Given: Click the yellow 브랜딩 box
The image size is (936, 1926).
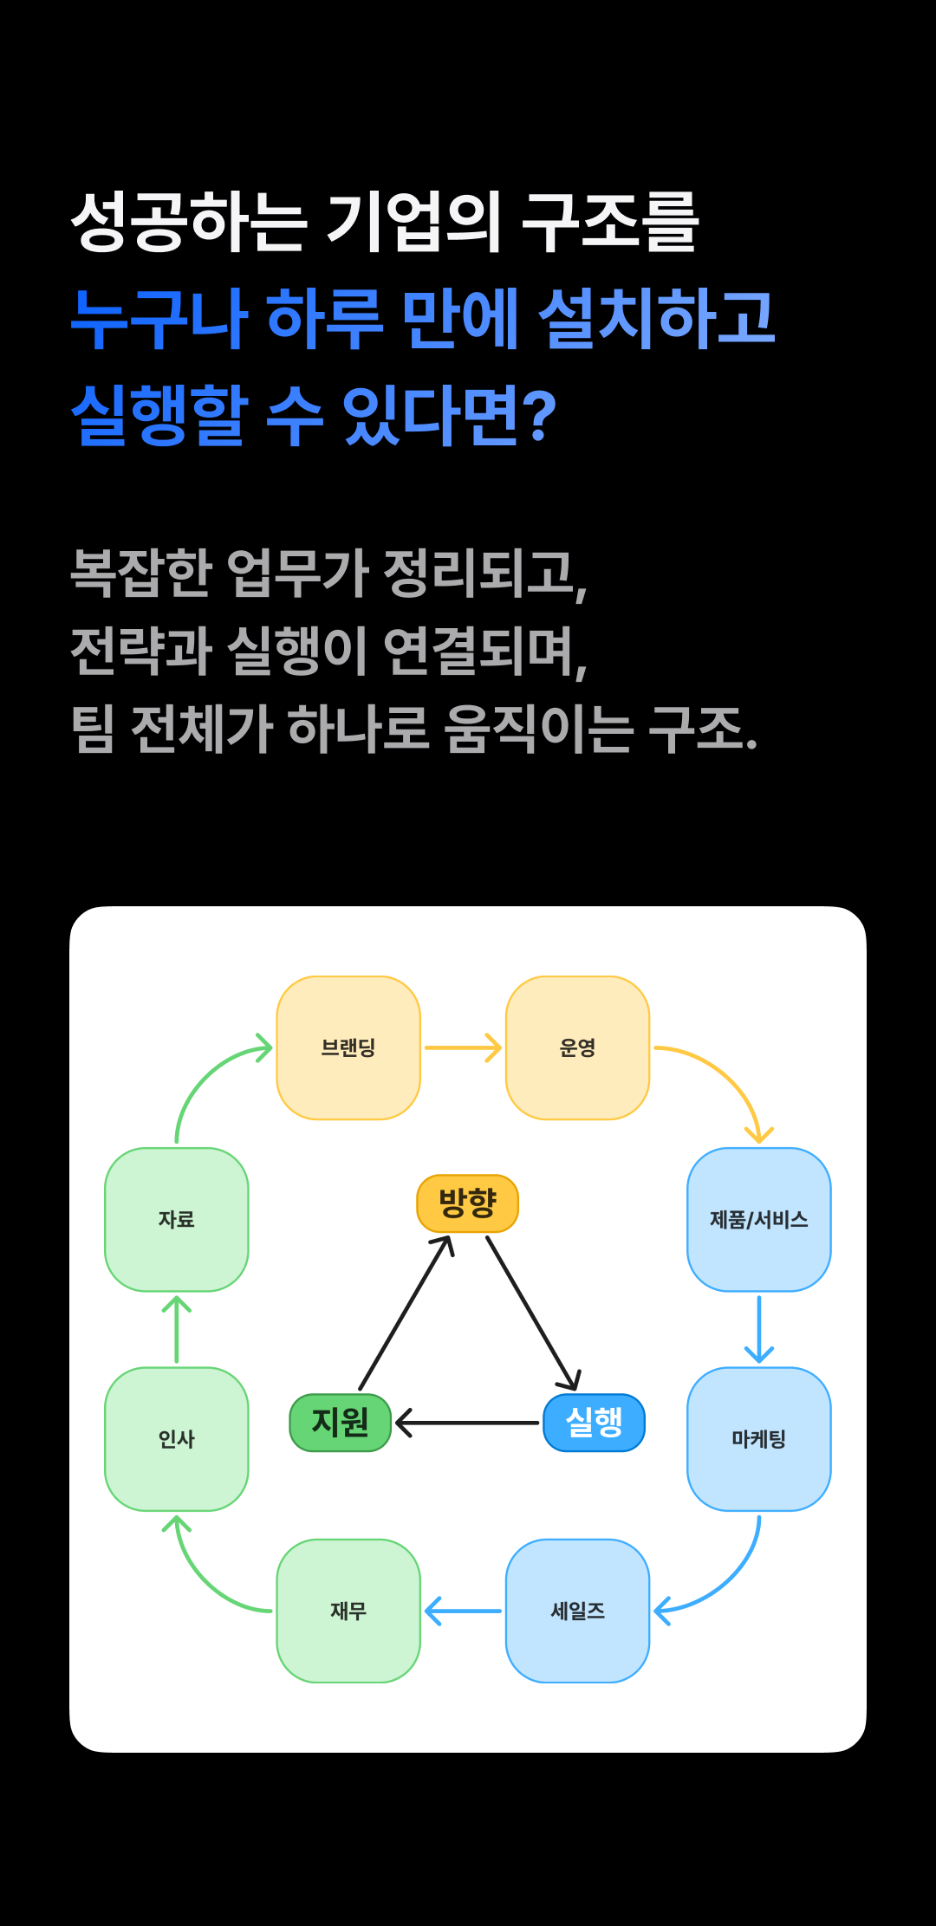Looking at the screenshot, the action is click(348, 1047).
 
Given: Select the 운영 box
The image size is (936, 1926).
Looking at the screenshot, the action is click(577, 1047).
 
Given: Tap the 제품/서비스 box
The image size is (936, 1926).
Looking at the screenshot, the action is click(759, 1219).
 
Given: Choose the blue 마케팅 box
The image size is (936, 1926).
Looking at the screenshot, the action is click(759, 1438).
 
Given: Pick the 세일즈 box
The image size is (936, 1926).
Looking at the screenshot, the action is click(577, 1611).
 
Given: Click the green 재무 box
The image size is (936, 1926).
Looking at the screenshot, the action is click(348, 1611).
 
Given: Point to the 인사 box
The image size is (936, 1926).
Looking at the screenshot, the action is click(177, 1438).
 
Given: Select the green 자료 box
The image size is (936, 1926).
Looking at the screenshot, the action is click(177, 1219).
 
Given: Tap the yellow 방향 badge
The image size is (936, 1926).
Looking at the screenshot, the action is click(468, 1203).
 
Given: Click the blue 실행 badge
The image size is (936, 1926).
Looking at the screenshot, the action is click(594, 1423).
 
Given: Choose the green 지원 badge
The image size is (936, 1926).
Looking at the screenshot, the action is click(341, 1423).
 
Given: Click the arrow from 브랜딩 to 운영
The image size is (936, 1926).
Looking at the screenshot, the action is click(463, 1047).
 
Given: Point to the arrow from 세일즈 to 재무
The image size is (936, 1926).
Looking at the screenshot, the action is click(463, 1611).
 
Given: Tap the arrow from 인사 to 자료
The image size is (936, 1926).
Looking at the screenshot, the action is click(177, 1329).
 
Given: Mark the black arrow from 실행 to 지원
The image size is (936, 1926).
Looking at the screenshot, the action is click(467, 1423).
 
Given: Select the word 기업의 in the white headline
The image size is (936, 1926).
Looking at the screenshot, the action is click(413, 222).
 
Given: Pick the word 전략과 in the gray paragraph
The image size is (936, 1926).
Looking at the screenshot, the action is click(141, 651).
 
